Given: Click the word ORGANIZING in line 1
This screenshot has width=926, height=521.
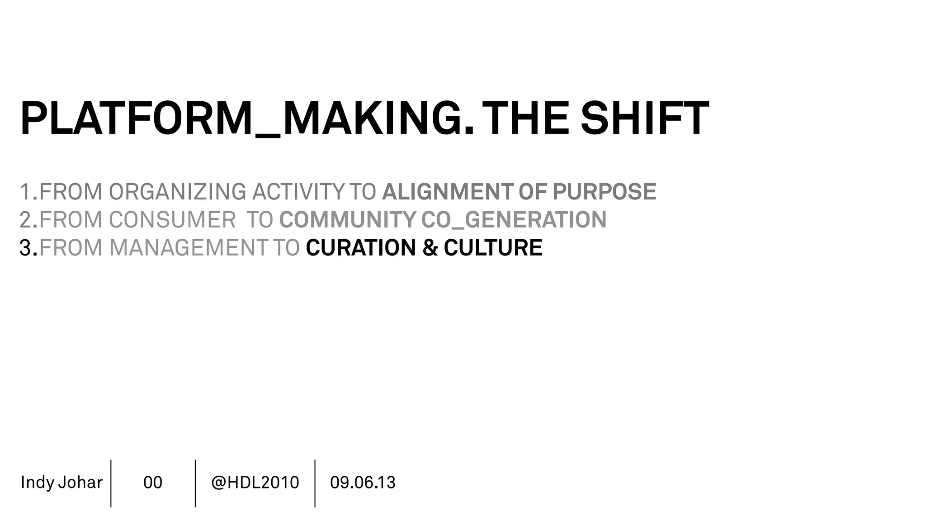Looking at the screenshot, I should point(177,192).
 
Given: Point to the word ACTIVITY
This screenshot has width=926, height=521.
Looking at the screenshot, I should point(298,192).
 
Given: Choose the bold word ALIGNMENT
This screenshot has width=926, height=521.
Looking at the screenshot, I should point(448,192).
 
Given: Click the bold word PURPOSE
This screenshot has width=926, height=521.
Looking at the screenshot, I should point(604,192).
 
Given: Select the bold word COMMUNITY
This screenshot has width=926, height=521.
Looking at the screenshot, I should point(347,220).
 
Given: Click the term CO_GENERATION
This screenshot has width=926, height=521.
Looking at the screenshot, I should point(514,220).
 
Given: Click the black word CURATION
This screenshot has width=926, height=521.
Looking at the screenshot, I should point(361,248).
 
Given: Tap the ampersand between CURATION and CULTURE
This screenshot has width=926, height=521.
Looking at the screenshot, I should point(430,248).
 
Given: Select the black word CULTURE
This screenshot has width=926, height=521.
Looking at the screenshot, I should point(493,248).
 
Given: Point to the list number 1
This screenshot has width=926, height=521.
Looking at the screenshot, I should point(25,192).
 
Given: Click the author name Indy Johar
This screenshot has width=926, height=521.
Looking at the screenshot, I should point(61,483).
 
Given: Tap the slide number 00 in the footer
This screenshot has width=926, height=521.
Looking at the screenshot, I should point(153,483).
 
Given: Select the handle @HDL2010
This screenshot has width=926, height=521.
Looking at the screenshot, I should point(255,483).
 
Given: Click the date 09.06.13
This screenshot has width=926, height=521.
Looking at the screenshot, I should point(363,483).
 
